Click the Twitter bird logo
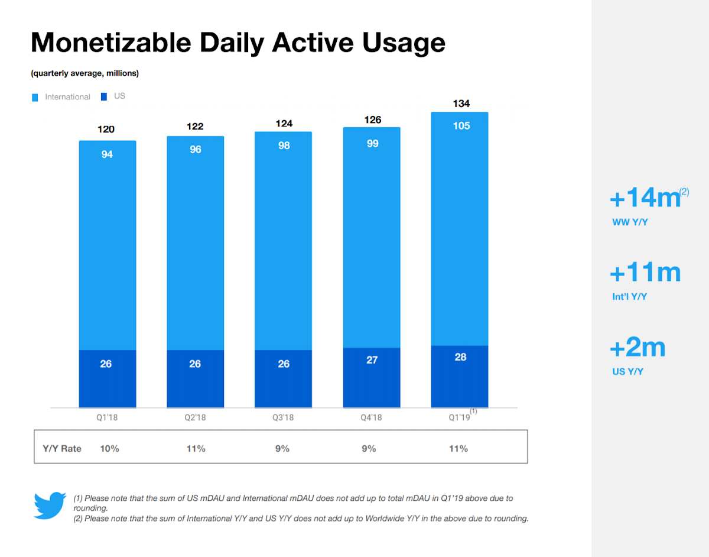[50, 505]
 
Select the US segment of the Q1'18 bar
[108, 379]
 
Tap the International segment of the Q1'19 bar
[460, 229]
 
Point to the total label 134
[461, 103]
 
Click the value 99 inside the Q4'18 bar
[372, 143]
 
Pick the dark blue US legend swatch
[104, 96]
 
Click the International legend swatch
[35, 98]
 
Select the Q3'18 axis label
[283, 417]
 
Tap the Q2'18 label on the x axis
[195, 417]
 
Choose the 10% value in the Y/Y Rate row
[109, 449]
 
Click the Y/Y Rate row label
[61, 449]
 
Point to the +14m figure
[645, 197]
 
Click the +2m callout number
[638, 347]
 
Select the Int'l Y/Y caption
[629, 296]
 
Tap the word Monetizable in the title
[111, 43]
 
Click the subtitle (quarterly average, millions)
[85, 73]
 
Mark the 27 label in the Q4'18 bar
[372, 360]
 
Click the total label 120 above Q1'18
[106, 129]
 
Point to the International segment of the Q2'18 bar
[195, 243]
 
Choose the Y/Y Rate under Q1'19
[458, 449]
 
